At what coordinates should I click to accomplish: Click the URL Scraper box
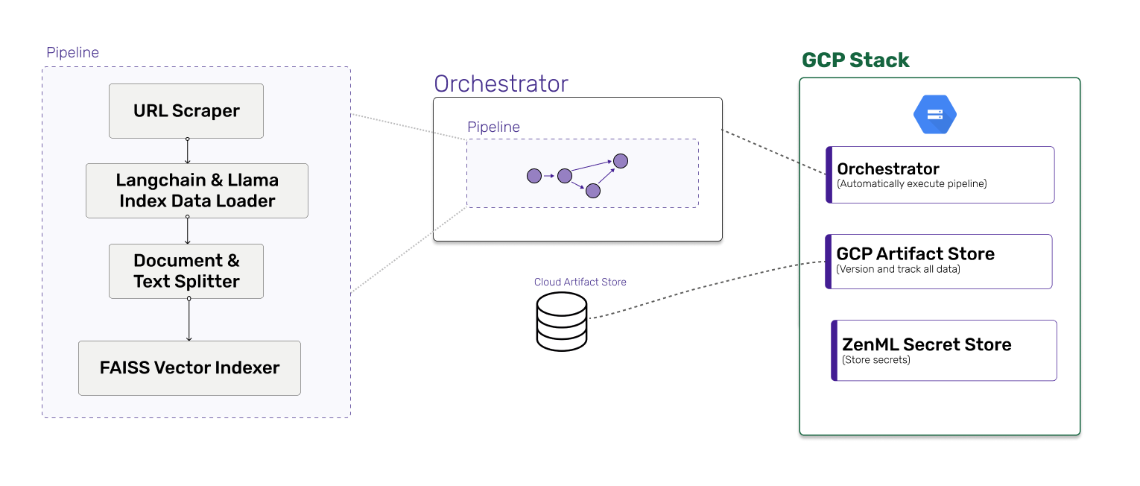[x=186, y=111]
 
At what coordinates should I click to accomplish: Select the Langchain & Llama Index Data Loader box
[x=197, y=191]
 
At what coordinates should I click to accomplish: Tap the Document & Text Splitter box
[x=186, y=271]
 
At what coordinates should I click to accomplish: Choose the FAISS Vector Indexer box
[x=189, y=368]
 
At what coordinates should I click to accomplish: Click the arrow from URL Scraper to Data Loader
[x=187, y=151]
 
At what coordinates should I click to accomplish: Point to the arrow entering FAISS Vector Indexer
[x=189, y=320]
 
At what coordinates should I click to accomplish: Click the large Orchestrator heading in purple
[x=501, y=83]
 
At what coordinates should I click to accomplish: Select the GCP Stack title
[x=855, y=60]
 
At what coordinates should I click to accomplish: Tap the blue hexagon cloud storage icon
[x=935, y=115]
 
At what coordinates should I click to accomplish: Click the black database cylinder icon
[x=562, y=321]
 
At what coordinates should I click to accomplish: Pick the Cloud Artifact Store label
[x=580, y=283]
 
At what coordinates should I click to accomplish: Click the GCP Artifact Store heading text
[x=915, y=254]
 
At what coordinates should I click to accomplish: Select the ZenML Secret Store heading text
[x=926, y=344]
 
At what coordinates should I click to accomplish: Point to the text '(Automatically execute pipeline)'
[x=912, y=184]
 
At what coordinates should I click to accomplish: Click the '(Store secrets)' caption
[x=875, y=360]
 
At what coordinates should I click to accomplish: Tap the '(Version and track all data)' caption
[x=898, y=269]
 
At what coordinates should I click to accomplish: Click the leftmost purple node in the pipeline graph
[x=533, y=177]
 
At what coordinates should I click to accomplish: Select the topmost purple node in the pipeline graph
[x=621, y=160]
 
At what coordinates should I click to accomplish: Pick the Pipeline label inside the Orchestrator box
[x=493, y=127]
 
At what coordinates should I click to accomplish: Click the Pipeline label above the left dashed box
[x=72, y=53]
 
